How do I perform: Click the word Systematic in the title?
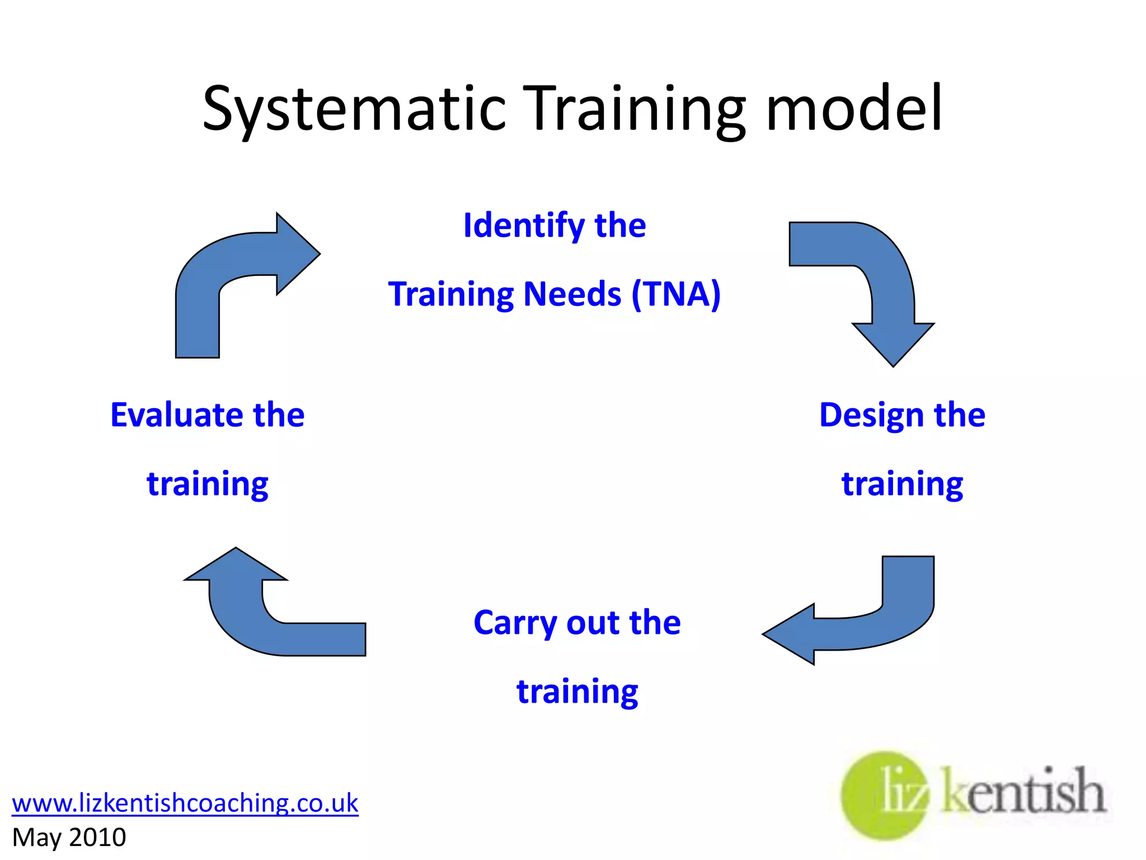pyautogui.click(x=354, y=109)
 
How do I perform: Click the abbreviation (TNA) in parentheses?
pyautogui.click(x=676, y=294)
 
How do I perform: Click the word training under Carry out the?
pyautogui.click(x=577, y=692)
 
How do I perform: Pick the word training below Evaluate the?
pyautogui.click(x=208, y=484)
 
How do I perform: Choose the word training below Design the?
pyautogui.click(x=902, y=484)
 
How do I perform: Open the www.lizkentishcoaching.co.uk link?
pyautogui.click(x=185, y=803)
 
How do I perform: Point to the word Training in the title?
pyautogui.click(x=634, y=109)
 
